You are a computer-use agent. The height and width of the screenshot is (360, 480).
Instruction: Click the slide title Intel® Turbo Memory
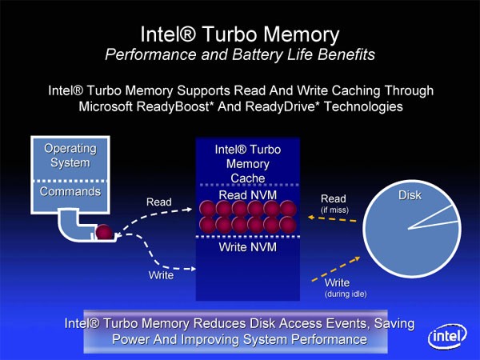click(x=240, y=34)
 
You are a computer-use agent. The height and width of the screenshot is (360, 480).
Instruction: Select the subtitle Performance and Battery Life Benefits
click(x=240, y=54)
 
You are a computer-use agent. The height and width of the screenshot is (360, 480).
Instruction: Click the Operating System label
click(x=70, y=156)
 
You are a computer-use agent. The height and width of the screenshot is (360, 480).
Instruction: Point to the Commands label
click(x=70, y=192)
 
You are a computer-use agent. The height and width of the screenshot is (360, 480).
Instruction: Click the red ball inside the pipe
click(x=104, y=234)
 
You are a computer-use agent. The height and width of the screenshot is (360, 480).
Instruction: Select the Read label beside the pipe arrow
click(x=158, y=202)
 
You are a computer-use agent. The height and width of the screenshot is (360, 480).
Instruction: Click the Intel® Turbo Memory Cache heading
click(x=247, y=163)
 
